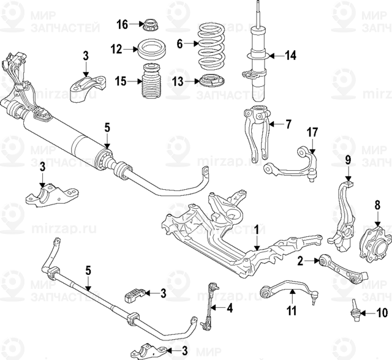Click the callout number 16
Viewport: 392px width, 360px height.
click(x=123, y=24)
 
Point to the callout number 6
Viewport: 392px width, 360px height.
click(x=180, y=43)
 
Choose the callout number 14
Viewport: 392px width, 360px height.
click(x=290, y=56)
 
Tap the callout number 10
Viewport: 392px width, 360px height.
click(x=382, y=313)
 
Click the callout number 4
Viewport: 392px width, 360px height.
click(x=230, y=309)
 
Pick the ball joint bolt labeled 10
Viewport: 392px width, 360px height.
click(x=355, y=308)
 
